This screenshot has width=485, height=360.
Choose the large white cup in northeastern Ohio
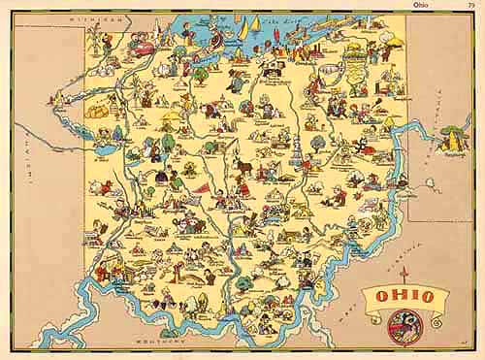coord(356,52)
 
